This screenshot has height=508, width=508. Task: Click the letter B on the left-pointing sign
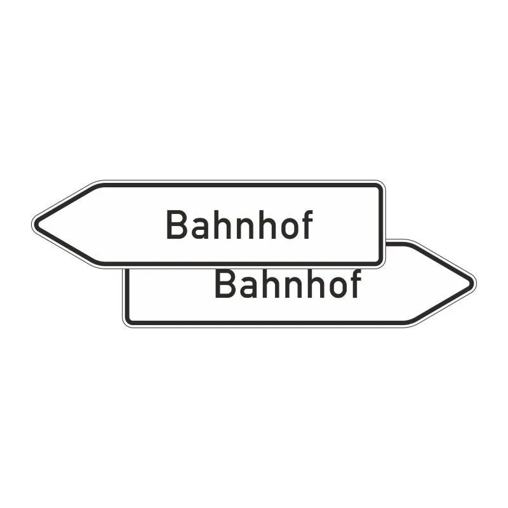(176, 225)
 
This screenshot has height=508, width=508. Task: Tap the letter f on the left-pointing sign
(306, 225)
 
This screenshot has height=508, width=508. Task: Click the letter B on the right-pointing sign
(224, 284)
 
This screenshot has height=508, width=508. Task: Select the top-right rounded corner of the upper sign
(380, 187)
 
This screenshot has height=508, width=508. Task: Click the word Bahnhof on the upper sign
(239, 225)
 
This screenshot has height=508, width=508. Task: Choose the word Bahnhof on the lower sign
(288, 284)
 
